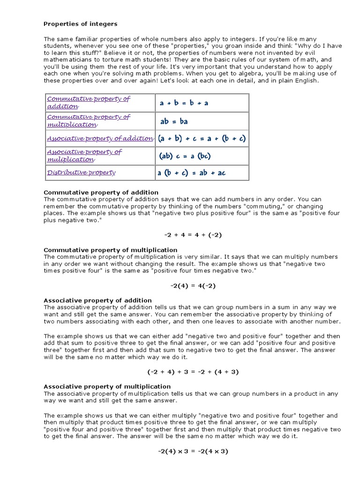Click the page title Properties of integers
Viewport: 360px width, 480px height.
(80, 23)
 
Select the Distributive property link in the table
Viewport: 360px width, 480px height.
(81, 172)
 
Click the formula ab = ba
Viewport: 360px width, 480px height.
(174, 121)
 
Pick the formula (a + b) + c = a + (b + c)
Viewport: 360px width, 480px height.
(202, 138)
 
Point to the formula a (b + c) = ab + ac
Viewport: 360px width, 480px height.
(191, 173)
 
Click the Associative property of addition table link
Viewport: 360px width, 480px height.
(100, 138)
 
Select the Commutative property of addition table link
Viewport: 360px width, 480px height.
(88, 102)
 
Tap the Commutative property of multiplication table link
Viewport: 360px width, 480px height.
(88, 120)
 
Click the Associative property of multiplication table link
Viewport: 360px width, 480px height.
(84, 156)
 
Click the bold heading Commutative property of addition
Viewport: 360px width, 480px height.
(101, 192)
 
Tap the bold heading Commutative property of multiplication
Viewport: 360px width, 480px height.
(110, 250)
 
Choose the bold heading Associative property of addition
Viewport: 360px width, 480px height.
(97, 300)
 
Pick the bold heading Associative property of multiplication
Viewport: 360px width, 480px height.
(107, 386)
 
